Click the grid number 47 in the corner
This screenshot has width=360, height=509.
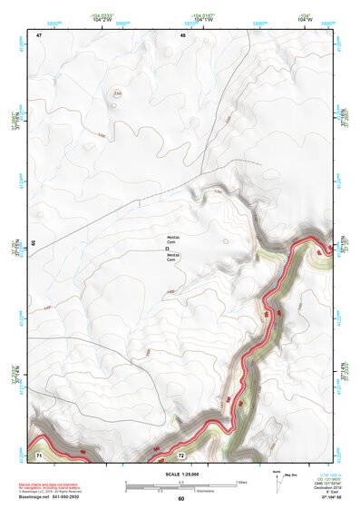40,34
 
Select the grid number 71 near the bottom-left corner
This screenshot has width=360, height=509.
39,454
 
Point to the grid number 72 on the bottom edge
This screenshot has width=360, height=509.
181,455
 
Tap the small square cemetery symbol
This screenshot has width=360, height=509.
166,248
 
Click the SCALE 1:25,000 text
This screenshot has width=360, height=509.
180,474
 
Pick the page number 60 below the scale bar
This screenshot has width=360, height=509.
180,499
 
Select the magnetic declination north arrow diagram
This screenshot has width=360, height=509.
277,482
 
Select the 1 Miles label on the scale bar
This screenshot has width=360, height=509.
240,482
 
